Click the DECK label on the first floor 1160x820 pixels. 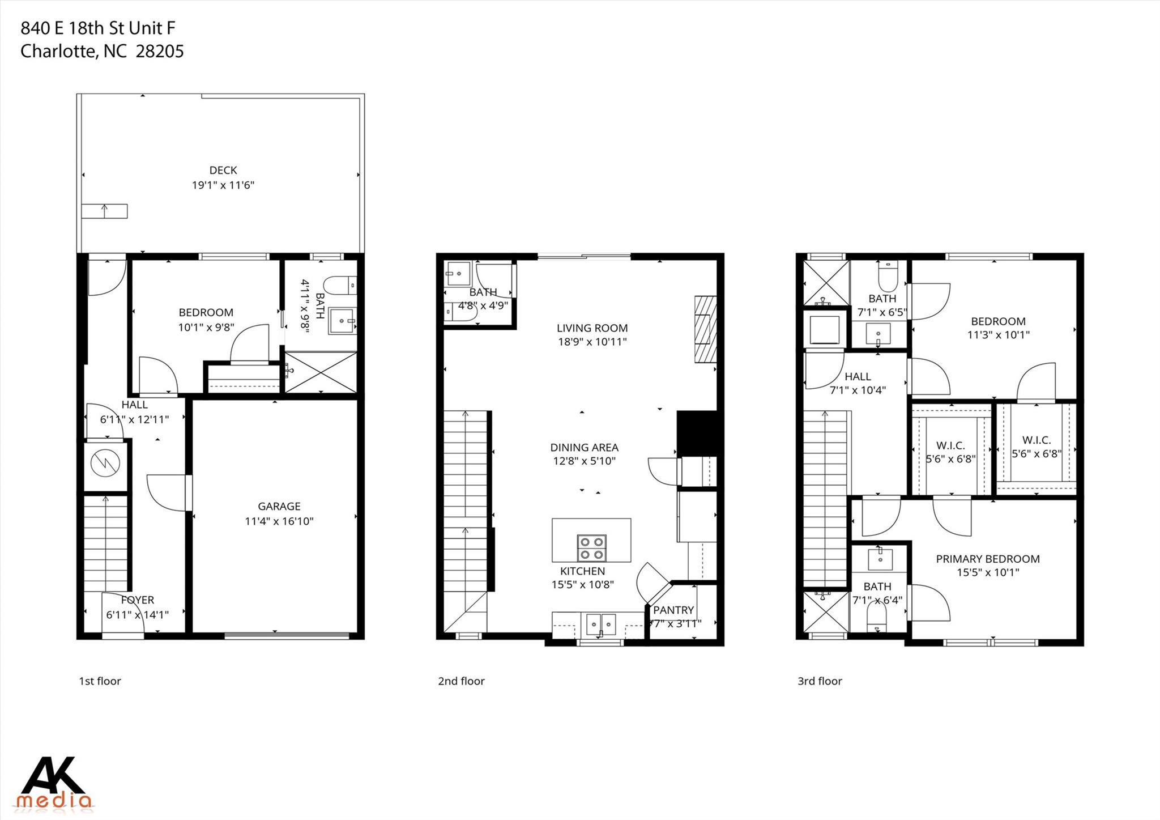pyautogui.click(x=223, y=170)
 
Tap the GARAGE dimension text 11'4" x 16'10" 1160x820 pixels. pyautogui.click(x=279, y=521)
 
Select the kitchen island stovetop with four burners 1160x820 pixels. pyautogui.click(x=591, y=548)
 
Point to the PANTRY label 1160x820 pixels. pyautogui.click(x=673, y=610)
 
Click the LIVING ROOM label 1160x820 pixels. pyautogui.click(x=592, y=328)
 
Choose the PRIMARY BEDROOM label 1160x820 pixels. pyautogui.click(x=987, y=559)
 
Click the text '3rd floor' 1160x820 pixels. pyautogui.click(x=820, y=681)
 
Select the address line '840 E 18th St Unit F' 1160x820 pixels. pyautogui.click(x=98, y=28)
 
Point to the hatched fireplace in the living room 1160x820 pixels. pyautogui.click(x=705, y=329)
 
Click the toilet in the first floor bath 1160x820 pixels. pyautogui.click(x=342, y=285)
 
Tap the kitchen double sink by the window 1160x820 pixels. pyautogui.click(x=600, y=624)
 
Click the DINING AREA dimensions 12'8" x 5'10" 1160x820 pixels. pyautogui.click(x=584, y=461)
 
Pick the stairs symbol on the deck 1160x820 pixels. pyautogui.click(x=104, y=211)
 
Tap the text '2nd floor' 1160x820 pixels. pyautogui.click(x=461, y=681)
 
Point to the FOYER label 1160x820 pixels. pyautogui.click(x=137, y=600)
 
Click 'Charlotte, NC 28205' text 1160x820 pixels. pyautogui.click(x=102, y=52)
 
